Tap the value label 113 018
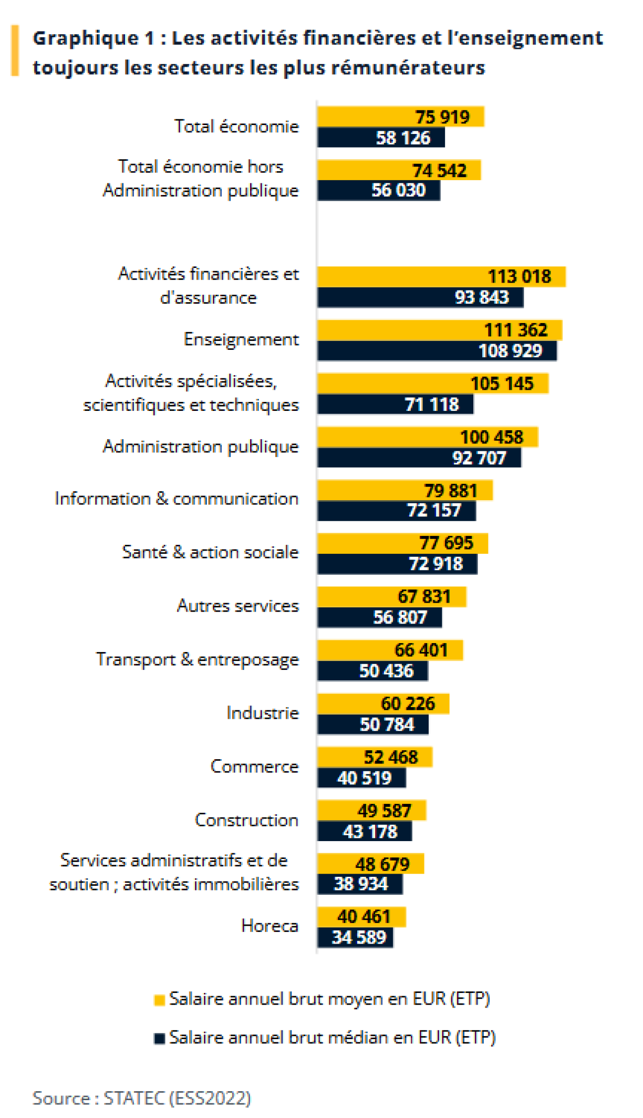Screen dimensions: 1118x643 (x=520, y=277)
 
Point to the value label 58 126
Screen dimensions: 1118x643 (x=403, y=138)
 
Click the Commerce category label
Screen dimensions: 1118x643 (x=254, y=767)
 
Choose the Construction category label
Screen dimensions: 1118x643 (x=246, y=820)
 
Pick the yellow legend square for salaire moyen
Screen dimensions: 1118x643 (x=159, y=1000)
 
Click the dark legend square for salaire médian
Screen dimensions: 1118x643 (x=159, y=1039)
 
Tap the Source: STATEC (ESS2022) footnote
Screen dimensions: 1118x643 (x=142, y=1098)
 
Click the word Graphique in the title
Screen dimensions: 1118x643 (x=86, y=38)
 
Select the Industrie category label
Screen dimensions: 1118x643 (x=262, y=713)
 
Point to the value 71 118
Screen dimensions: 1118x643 (x=432, y=405)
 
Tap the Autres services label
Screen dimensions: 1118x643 (x=237, y=606)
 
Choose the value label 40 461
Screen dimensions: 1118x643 (x=364, y=917)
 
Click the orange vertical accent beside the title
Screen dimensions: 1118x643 (x=15, y=51)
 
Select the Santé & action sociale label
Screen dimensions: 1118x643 (x=210, y=552)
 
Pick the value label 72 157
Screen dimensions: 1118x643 (x=434, y=511)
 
